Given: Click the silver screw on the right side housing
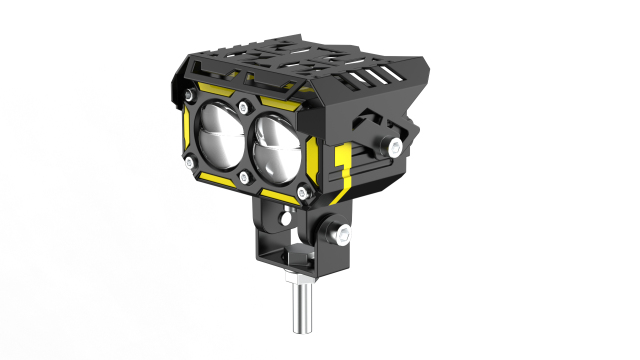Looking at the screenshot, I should pyautogui.click(x=397, y=148).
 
